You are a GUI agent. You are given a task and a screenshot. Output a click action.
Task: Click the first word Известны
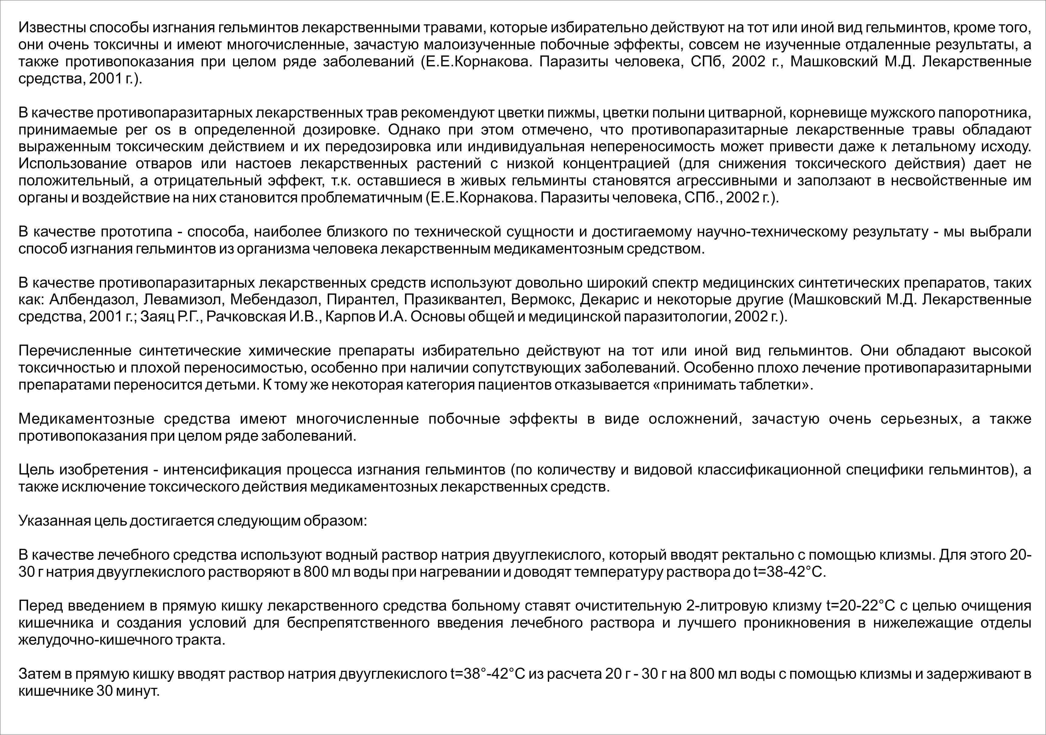coord(52,28)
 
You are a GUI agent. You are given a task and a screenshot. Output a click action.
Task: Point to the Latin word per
coord(137,130)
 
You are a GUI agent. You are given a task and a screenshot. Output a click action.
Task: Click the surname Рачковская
coord(246,317)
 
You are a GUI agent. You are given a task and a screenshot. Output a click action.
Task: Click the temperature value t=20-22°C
coord(860,606)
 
